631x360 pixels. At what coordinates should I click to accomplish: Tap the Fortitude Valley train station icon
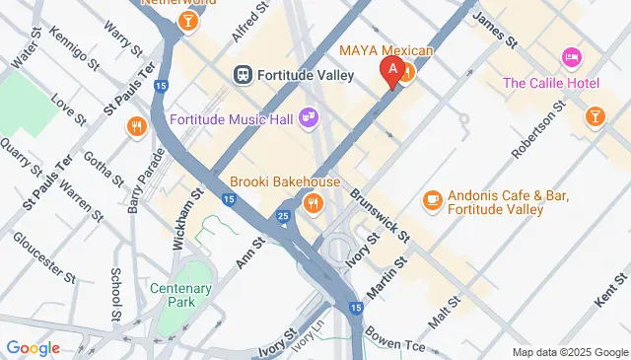[x=242, y=75]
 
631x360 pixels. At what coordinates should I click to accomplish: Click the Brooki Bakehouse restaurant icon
[x=313, y=203]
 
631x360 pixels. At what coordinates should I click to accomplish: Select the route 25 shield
[x=283, y=215]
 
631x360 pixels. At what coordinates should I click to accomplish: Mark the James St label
[x=495, y=31]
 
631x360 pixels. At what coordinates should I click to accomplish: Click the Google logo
[x=33, y=347]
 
